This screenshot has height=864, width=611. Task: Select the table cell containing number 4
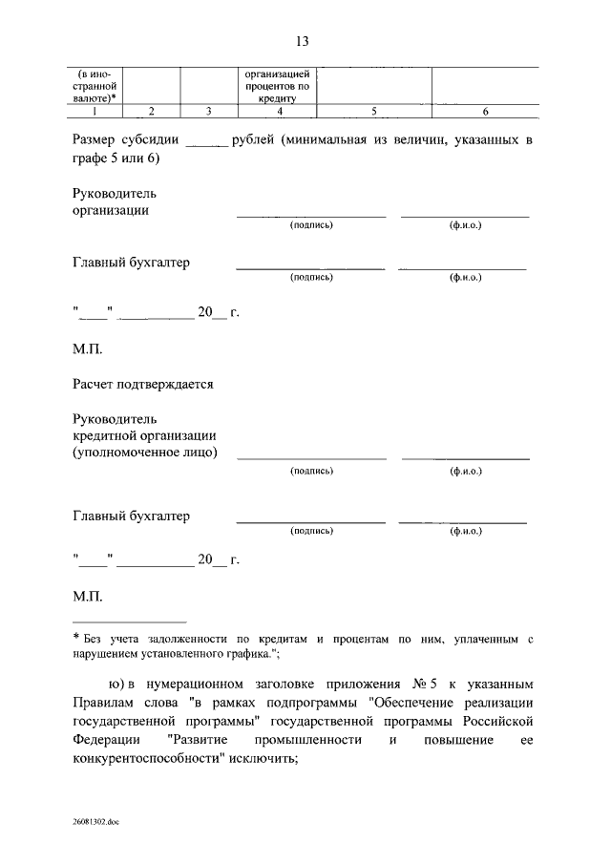point(278,112)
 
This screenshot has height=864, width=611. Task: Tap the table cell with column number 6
point(485,112)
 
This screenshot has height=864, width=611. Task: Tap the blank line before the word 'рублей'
point(206,141)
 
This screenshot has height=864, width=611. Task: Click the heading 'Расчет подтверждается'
point(142,384)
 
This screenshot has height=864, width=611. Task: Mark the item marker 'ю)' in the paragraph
point(118,685)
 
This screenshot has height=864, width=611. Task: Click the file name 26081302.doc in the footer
point(95,821)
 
